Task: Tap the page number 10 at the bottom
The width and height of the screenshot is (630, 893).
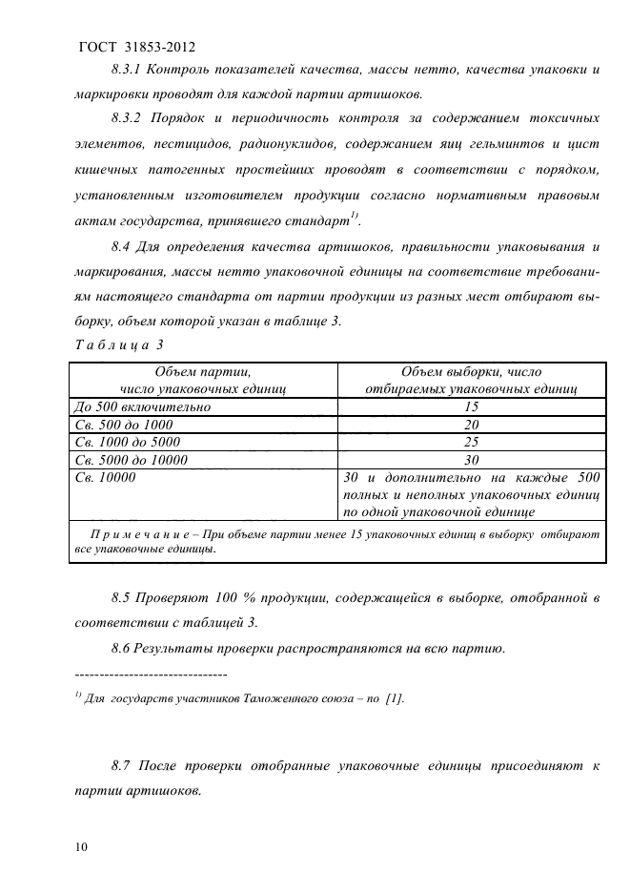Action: [x=79, y=846]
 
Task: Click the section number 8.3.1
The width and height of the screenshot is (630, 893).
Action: [x=130, y=71]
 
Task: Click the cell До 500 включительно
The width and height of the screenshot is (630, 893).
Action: [x=142, y=406]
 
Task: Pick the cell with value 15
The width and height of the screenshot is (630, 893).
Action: [x=471, y=406]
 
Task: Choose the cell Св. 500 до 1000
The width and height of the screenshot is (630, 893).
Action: [x=125, y=425]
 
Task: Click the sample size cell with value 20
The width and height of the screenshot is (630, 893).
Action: [x=471, y=425]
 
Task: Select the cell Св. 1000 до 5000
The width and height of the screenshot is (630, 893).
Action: [x=130, y=443]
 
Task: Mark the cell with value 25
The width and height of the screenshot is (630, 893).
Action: [x=471, y=443]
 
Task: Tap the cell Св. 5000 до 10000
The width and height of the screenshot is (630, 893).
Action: [x=133, y=461]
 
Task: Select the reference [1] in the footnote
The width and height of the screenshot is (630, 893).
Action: [x=393, y=699]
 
